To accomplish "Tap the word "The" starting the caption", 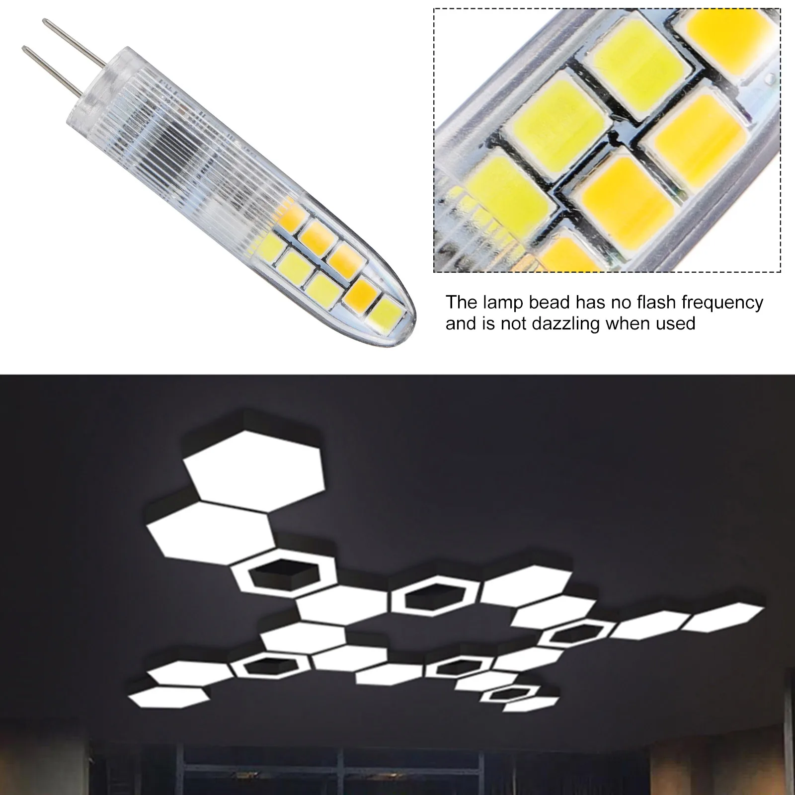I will [x=461, y=302].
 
